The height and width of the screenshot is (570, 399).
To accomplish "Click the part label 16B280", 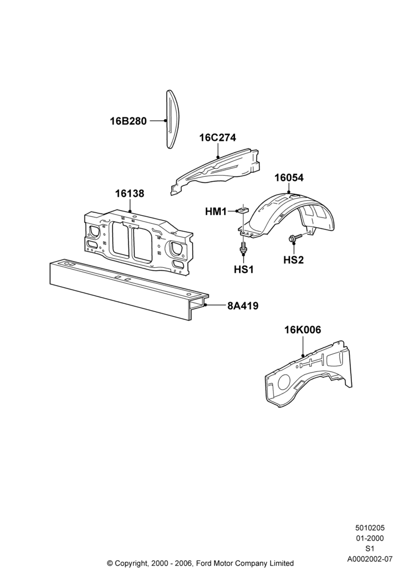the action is tap(128, 121).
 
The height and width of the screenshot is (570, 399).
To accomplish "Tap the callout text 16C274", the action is tap(217, 138).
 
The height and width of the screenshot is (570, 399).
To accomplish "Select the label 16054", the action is tap(289, 178).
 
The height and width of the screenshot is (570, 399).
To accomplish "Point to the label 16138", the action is tap(130, 193).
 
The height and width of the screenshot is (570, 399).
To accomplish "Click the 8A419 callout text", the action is tap(243, 306).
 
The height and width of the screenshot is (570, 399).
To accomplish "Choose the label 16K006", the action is tap(303, 330).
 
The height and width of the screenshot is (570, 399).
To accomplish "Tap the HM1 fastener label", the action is tap(216, 211).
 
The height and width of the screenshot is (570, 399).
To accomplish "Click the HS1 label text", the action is tap(244, 270).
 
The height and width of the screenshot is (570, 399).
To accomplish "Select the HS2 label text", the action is tap(294, 260).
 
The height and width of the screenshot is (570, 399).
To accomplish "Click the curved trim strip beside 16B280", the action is tap(172, 119).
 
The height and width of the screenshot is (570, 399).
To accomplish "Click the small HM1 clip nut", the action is tap(242, 210).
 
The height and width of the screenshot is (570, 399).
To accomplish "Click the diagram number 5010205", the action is tap(370, 528).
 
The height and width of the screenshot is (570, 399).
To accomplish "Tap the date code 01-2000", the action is tap(370, 538).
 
